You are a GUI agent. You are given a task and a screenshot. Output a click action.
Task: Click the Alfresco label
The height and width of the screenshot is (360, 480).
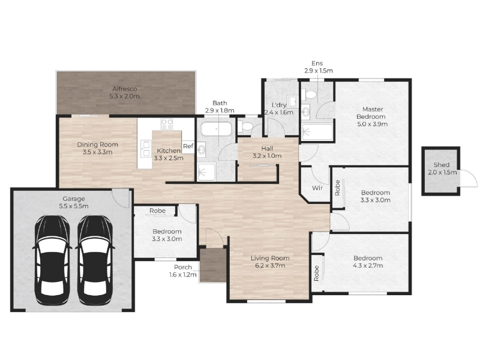[x=125, y=89]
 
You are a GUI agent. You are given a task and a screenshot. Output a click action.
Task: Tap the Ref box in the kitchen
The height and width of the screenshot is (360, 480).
[x=188, y=146]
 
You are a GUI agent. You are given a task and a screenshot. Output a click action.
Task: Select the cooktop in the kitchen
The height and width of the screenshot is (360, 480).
[x=167, y=124]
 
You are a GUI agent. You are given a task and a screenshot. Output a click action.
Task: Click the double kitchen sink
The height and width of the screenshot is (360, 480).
[x=146, y=148]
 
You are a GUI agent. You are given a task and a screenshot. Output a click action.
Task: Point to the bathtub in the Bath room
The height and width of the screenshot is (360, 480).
[x=216, y=129]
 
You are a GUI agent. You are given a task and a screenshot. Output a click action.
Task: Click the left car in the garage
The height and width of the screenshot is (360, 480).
[x=52, y=260]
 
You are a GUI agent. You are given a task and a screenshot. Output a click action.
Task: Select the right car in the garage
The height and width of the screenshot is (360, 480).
[x=94, y=260]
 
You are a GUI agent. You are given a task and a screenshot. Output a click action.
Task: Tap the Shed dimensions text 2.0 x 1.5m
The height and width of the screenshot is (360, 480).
[x=442, y=172]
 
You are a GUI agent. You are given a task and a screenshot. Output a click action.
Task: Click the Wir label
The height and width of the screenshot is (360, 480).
[x=317, y=188]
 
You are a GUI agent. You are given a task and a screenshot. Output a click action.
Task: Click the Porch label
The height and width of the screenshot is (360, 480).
[x=183, y=267]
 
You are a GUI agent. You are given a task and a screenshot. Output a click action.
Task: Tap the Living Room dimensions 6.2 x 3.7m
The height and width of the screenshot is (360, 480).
[x=270, y=265]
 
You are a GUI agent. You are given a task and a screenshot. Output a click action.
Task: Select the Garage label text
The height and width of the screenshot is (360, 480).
[x=74, y=199]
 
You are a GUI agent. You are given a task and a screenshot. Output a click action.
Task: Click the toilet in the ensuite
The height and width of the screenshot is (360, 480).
[x=308, y=94]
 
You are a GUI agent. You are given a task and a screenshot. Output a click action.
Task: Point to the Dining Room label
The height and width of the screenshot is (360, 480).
[x=97, y=145]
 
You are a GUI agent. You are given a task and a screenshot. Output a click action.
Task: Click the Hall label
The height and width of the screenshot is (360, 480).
[x=267, y=148]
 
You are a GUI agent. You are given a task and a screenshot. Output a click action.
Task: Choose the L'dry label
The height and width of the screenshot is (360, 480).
[x=279, y=105]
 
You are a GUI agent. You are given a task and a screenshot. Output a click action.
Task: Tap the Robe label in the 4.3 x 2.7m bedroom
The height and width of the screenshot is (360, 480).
[x=317, y=273]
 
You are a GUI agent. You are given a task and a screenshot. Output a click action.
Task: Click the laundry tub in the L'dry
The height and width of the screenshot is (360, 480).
[x=293, y=102]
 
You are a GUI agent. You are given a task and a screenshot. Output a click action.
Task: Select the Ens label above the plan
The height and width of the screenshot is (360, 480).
[x=317, y=64]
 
